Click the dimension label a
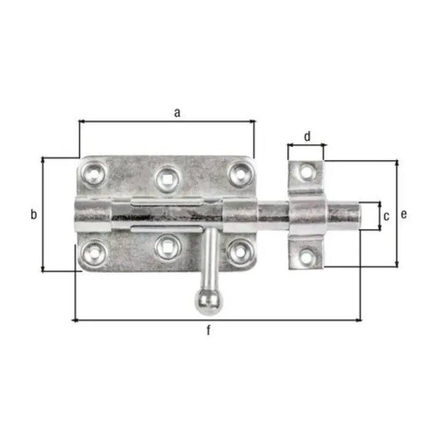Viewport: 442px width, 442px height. [177, 113]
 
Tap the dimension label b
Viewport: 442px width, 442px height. [34, 214]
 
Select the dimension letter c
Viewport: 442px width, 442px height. [386, 216]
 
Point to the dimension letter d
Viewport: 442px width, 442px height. [308, 136]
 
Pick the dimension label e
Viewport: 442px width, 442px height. [404, 214]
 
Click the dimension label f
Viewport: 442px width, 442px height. [209, 330]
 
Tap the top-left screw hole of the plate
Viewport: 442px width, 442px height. [94, 174]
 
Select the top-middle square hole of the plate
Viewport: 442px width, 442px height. [168, 179]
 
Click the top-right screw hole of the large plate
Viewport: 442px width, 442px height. [241, 174]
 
